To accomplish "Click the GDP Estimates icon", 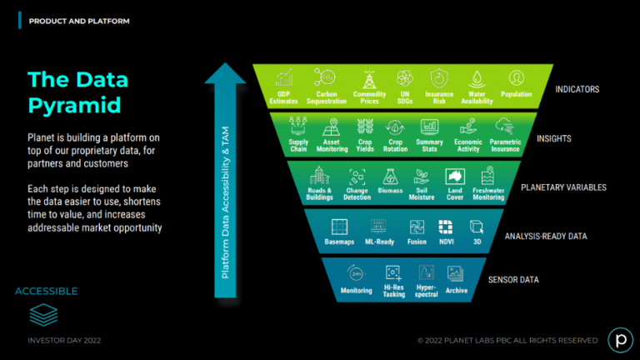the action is (x=283, y=77).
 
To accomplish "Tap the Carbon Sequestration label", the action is (x=327, y=97).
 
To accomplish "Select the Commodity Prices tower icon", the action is (x=369, y=79).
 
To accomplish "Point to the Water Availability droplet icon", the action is (x=477, y=79).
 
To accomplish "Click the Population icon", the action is (x=517, y=77).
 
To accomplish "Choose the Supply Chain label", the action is (x=298, y=145).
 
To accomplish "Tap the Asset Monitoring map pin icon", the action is (x=332, y=127).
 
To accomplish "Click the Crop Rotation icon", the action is (x=395, y=127).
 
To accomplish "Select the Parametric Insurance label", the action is (x=505, y=145).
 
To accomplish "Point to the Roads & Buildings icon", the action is (x=319, y=176).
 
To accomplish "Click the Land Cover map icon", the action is (x=455, y=177).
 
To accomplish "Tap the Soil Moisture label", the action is (x=422, y=194).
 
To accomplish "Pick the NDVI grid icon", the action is (x=446, y=227).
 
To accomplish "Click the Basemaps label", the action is (x=339, y=242).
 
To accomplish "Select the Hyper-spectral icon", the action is (x=426, y=272).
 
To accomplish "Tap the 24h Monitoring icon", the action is (x=357, y=273).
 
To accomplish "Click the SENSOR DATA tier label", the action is (x=513, y=280).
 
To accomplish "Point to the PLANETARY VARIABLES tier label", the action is (x=563, y=187).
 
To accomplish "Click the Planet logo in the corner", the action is (x=620, y=340).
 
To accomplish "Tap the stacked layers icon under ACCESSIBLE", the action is (x=43, y=315).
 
